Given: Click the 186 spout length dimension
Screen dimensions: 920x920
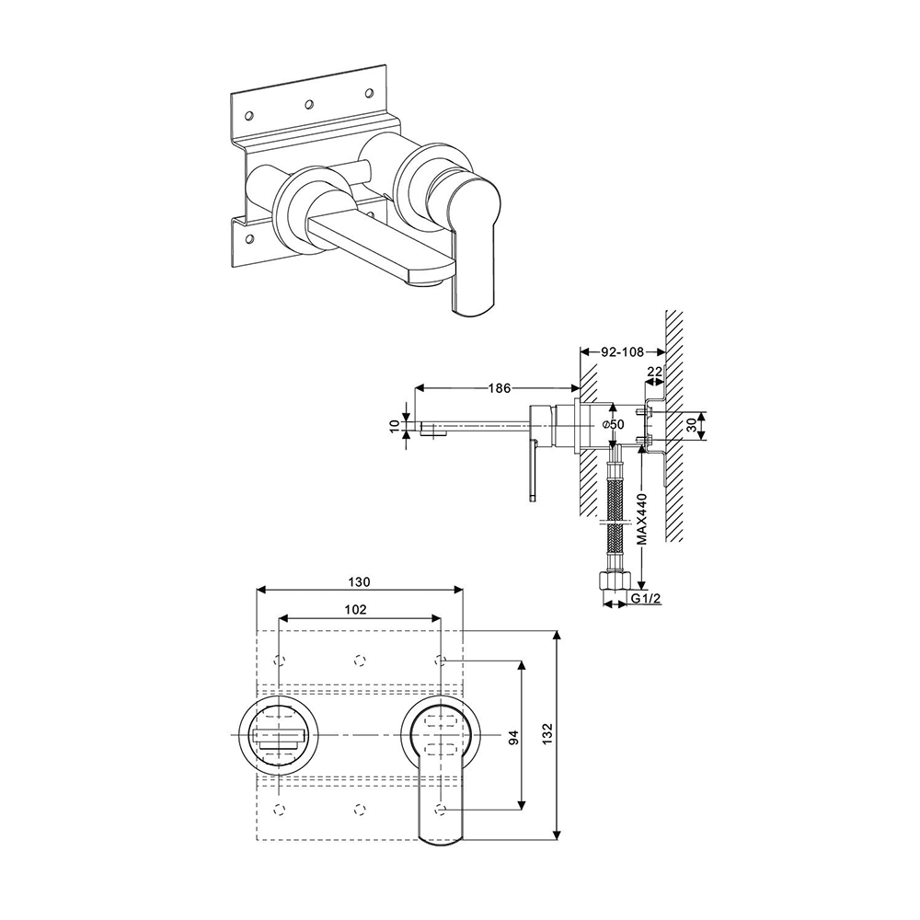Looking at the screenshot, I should pos(498,388).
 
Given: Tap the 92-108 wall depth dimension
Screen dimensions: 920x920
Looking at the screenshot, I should pos(623,351).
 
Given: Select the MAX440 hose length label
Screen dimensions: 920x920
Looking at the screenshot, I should pos(643,520).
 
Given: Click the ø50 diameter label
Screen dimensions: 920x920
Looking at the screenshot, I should pos(613,424).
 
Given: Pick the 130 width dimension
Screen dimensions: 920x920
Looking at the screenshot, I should pos(359,581).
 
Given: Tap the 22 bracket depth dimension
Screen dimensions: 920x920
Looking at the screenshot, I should pos(654,371).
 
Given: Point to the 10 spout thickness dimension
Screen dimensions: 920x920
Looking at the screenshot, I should pos(395,425).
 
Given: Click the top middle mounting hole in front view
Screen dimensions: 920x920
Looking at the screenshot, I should pos(360,660).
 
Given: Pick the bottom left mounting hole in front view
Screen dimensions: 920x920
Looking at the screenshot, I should pos(281,808).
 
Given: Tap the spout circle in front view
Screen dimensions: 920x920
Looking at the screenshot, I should pos(280,735).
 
